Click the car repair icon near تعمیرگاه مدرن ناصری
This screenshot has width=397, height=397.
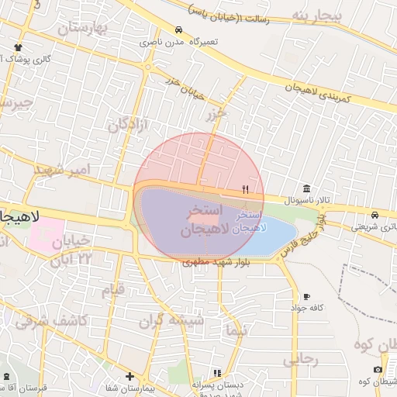coord(179,29)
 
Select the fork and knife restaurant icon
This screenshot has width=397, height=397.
coord(246,188)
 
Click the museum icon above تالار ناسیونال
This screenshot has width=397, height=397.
coord(308,188)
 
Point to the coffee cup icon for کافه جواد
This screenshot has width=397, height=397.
coord(307,297)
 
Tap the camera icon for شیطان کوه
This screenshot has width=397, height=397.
coord(378,370)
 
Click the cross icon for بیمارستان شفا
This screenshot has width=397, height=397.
coord(129,376)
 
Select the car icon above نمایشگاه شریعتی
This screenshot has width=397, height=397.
coord(375,215)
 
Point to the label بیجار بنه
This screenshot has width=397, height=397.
coord(310,16)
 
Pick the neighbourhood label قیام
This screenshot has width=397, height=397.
coord(114,290)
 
